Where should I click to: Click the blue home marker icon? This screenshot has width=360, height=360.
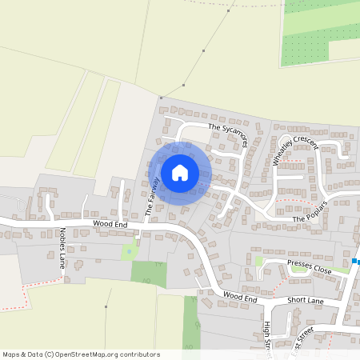tap(180, 172)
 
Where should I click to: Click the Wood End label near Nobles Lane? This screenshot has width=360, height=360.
tap(110, 225)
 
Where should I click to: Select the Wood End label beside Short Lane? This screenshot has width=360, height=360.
tap(240, 298)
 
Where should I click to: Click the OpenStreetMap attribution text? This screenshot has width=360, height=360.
tap(80, 354)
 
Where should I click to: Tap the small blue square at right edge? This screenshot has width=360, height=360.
tap(354, 261)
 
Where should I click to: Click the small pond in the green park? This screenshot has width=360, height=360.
tap(130, 252)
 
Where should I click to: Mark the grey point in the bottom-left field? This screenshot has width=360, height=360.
tap(106, 306)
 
